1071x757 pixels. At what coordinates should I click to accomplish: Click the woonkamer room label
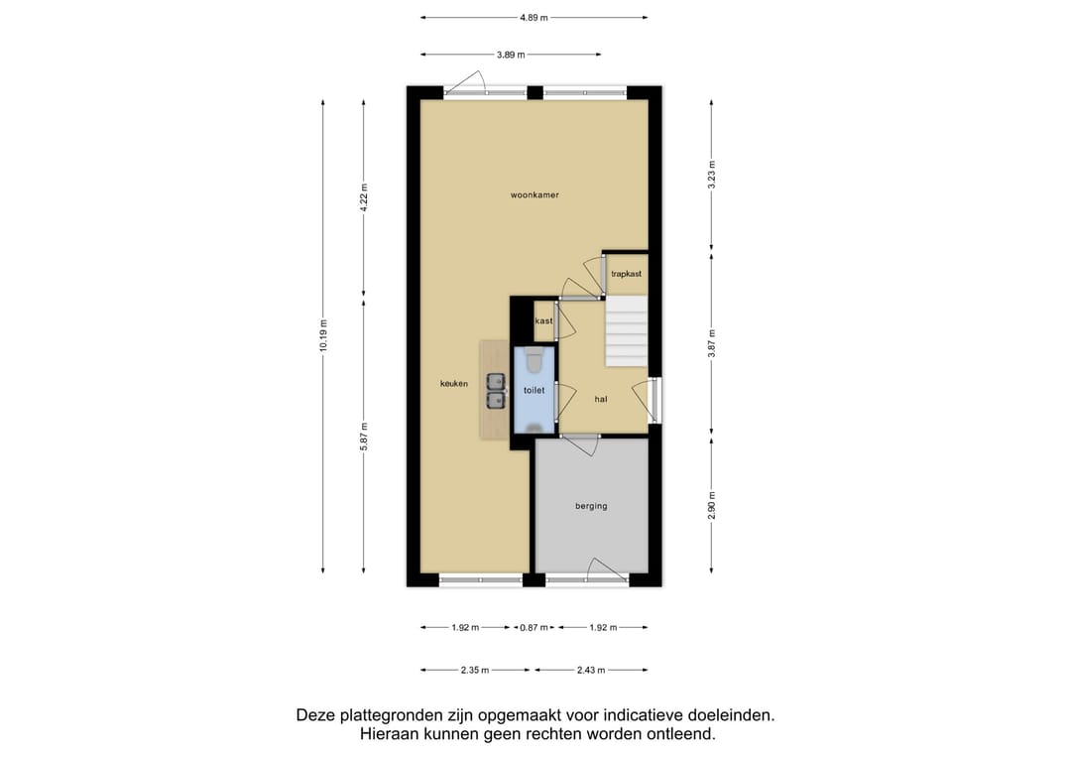pyautogui.click(x=535, y=194)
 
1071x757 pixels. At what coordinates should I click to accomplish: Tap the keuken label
pyautogui.click(x=454, y=384)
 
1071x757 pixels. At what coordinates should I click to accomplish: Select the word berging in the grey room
pyautogui.click(x=591, y=506)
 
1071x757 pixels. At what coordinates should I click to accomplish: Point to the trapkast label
pyautogui.click(x=627, y=274)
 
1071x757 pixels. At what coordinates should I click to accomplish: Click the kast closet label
pyautogui.click(x=543, y=321)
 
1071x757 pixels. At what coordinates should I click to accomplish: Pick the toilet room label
pyautogui.click(x=535, y=390)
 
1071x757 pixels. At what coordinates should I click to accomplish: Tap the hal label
pyautogui.click(x=600, y=399)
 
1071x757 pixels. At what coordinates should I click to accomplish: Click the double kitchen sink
pyautogui.click(x=495, y=391)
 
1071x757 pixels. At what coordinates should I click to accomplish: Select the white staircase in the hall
pyautogui.click(x=627, y=330)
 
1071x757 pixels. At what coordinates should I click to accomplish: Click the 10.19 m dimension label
pyautogui.click(x=323, y=335)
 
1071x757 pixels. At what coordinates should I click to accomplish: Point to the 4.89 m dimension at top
pyautogui.click(x=534, y=18)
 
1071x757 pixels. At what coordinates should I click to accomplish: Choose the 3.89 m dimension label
pyautogui.click(x=511, y=55)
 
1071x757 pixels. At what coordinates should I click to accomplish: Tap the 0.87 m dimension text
pyautogui.click(x=535, y=627)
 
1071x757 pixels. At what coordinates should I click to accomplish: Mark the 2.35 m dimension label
pyautogui.click(x=475, y=671)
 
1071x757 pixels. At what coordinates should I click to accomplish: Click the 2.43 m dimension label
pyautogui.click(x=591, y=671)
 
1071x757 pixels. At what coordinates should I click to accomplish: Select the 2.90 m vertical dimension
pyautogui.click(x=712, y=506)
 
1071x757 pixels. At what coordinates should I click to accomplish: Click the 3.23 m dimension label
pyautogui.click(x=712, y=175)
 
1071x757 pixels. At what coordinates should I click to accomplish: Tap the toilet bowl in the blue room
pyautogui.click(x=535, y=359)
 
